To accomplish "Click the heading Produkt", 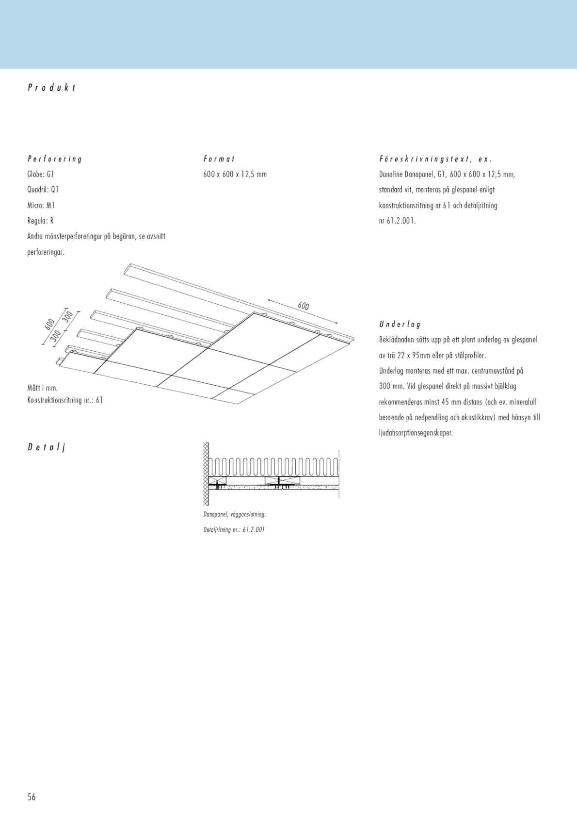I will pos(52,88).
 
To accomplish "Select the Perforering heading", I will pos(55,159).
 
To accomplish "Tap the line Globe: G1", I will pos(41,174).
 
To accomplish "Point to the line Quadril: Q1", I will pos(43,190).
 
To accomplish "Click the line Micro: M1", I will pos(41,205).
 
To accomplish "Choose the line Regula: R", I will pos(40,221).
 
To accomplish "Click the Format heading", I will pos(219,159).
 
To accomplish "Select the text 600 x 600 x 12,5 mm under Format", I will pos(235,174).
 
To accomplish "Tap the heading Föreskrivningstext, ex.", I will pos(435,159).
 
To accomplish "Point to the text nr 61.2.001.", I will pos(397,221).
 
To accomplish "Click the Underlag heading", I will pos(400,324).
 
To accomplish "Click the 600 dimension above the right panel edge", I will pos(303,306).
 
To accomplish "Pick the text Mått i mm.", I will pos(43,388).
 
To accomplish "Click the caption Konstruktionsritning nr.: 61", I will pos(65,400).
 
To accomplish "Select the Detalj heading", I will pos(46,447).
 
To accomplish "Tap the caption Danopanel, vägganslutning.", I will pos(235,514).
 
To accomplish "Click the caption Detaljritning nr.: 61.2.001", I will pos(234,529).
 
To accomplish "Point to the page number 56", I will pos(32,797).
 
